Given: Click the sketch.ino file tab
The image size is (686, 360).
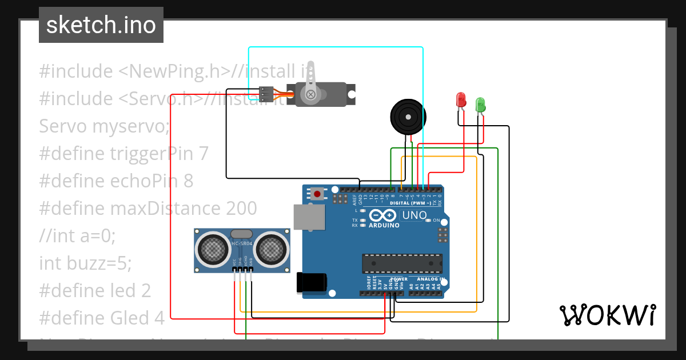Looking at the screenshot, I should coord(101,25).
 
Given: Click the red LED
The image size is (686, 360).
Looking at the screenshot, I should coord(461,100).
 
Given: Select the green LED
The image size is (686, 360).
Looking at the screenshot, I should coord(480,105).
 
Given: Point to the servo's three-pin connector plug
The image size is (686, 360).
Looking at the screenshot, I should coord(266,93).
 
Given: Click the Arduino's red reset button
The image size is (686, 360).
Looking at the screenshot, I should coord(317,194).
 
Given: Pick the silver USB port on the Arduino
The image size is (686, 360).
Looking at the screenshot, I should coord(309,217).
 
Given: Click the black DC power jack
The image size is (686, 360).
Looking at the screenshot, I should coord(312,283).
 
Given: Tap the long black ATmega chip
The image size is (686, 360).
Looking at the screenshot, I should coord(402,263).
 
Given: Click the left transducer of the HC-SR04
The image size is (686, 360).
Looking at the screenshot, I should coord(213,249).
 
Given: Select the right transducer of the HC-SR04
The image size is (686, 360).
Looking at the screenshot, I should coord(271,249).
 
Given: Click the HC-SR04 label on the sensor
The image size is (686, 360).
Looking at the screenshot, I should coord(242,244).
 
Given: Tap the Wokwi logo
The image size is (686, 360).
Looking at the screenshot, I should coord(607,315).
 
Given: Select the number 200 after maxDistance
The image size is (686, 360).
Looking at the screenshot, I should coord(241,208).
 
